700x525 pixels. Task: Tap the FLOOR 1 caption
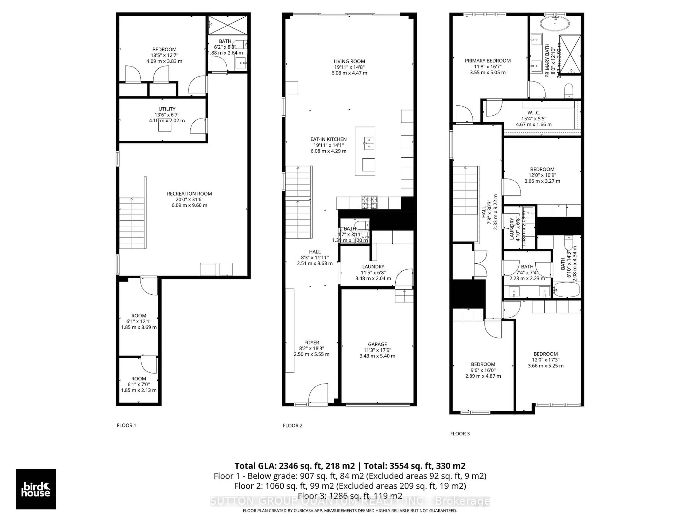click(x=126, y=425)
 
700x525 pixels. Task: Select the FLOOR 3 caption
click(x=460, y=433)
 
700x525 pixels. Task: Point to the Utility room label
click(x=167, y=114)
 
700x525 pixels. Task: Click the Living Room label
click(x=349, y=67)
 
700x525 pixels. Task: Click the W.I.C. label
click(x=534, y=118)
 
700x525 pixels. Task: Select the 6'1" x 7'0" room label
click(x=139, y=384)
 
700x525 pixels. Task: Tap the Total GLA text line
click(x=350, y=466)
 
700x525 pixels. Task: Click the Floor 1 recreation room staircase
click(x=132, y=223)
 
